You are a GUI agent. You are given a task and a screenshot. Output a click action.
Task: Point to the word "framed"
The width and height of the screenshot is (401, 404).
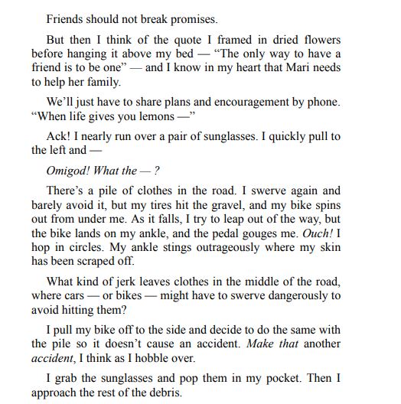[196, 40]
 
